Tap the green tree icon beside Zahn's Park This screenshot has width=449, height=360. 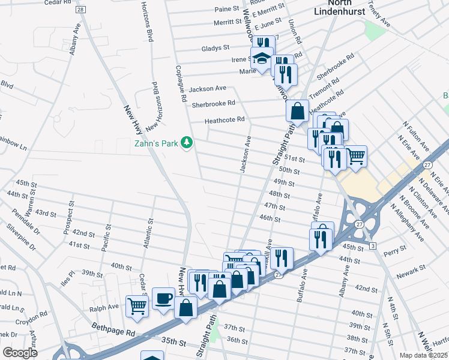point(187,142)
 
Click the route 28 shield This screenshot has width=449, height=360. point(80,10)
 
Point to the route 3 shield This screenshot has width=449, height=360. point(373,246)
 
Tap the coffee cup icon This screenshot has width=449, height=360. point(163,298)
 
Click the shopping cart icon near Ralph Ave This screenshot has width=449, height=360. point(137,305)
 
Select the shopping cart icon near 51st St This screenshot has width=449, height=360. point(355,156)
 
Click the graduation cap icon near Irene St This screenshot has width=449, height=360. point(262,60)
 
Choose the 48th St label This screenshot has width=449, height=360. point(280,195)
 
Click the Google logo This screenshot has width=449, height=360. point(20,353)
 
